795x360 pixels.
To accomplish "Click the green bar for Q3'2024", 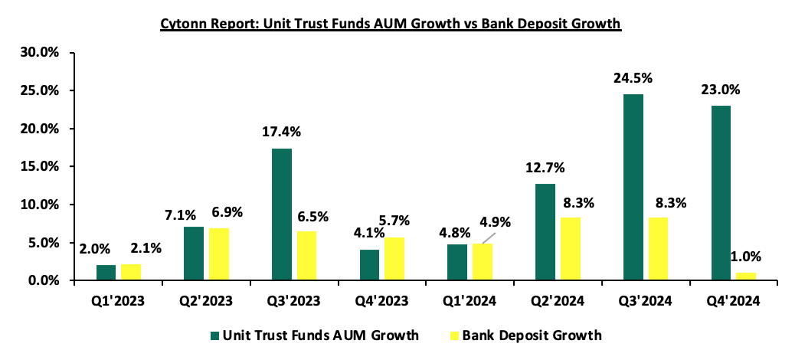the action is [633, 187].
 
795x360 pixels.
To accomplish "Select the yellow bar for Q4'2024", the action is [746, 277].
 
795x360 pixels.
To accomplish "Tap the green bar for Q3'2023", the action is [282, 214].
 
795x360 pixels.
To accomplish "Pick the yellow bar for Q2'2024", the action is [571, 249].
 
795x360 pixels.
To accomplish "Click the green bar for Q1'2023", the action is [106, 273].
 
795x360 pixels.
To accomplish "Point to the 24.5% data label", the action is [633, 79].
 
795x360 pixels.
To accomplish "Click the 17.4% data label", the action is [282, 133].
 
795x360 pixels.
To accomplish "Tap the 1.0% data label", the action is [746, 257].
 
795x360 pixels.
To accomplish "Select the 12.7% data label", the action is [545, 168].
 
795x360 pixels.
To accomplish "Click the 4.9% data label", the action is [496, 222].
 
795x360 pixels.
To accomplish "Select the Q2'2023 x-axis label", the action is [206, 301].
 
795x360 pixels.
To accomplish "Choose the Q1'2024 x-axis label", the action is [470, 301].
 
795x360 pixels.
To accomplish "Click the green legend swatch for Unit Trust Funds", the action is [214, 335].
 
